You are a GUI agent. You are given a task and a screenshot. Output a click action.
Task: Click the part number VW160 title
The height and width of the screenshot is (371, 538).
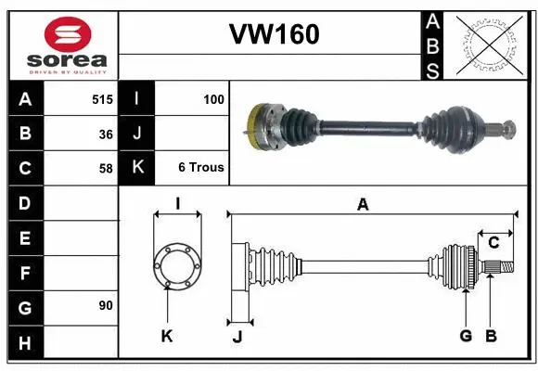coord(274,34)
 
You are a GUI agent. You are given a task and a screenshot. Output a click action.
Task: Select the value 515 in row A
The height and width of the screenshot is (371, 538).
coord(102,97)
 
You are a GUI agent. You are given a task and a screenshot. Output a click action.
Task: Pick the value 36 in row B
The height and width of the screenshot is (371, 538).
coord(105,134)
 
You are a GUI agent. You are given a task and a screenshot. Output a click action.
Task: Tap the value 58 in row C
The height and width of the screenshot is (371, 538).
coord(105,169)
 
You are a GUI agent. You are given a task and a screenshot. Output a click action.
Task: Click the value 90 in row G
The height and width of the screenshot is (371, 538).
coord(105,305)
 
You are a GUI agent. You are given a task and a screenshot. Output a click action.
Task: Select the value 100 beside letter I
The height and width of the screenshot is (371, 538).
coord(212,97)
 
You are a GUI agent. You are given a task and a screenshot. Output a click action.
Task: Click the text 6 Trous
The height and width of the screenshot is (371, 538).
coord(201,168)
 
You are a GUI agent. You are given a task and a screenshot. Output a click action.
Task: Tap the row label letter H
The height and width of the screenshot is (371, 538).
coord(24,344)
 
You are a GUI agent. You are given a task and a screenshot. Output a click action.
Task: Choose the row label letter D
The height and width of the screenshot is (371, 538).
coord(24,202)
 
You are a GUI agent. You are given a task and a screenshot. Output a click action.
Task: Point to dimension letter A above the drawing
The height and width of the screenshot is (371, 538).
coord(363,204)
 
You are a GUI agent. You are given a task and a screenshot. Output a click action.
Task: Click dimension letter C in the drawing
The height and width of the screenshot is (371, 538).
coord(493,242)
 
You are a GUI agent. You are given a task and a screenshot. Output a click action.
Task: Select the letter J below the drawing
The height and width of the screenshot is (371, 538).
coord(237,336)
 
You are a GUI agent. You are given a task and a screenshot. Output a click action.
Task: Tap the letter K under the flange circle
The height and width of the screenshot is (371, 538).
coord(167,336)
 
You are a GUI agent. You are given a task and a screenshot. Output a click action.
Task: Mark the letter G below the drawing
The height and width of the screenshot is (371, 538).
coord(466,336)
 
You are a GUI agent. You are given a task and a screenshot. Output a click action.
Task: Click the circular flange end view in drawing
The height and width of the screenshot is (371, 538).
coord(176,263)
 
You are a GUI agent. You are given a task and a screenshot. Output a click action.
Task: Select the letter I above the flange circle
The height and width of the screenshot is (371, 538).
coord(176,203)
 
